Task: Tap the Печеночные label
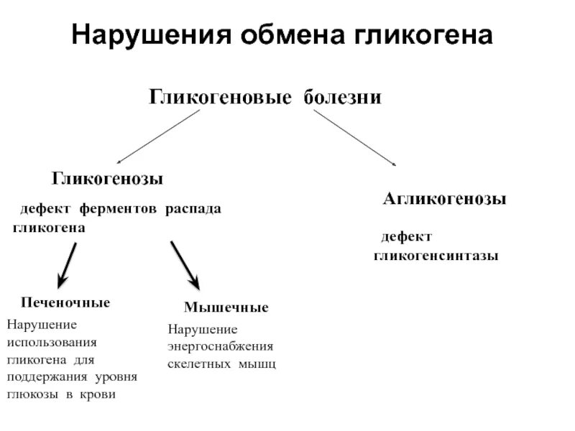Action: click(x=65, y=302)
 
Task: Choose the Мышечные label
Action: click(x=226, y=307)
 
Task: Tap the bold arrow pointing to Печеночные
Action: click(x=67, y=264)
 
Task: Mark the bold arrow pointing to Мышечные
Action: click(x=185, y=264)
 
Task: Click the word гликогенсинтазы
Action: click(x=436, y=256)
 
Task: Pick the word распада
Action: click(x=193, y=209)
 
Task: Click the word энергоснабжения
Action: click(x=221, y=347)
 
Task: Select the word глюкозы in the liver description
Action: click(x=30, y=395)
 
